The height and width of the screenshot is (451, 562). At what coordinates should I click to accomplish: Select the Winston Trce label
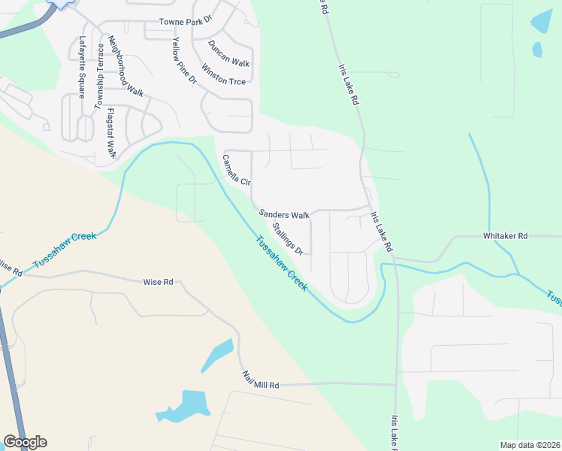coord(223,77)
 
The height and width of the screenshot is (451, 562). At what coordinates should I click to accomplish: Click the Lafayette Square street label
coord(82,67)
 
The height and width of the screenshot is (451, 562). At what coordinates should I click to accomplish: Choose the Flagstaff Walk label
coord(111,132)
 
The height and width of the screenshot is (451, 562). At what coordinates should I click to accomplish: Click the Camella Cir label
coord(236,171)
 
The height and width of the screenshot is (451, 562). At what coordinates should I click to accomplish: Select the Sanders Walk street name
coord(284,214)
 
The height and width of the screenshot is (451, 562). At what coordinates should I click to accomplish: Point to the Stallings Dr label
coord(288,238)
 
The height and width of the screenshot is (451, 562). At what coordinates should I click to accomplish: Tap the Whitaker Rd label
coord(506,235)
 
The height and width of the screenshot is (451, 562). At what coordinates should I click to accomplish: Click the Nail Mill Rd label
coord(260,380)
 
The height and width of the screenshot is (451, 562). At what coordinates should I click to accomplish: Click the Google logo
coord(25,442)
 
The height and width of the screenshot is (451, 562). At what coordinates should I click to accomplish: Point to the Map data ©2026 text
coord(530,445)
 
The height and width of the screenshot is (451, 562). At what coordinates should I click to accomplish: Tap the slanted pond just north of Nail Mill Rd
coord(217,355)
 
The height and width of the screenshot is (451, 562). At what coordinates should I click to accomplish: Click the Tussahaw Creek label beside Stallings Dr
coord(281,265)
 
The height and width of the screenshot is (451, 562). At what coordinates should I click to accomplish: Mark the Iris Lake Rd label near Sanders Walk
coord(381,231)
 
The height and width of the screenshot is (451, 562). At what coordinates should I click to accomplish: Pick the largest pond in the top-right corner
coord(541,21)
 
